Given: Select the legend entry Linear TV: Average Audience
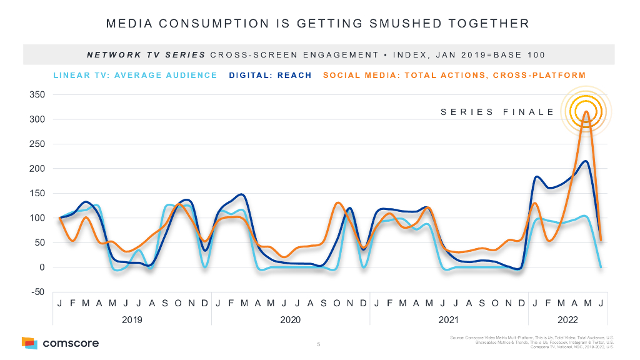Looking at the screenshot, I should (x=135, y=76).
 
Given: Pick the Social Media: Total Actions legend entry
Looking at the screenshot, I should (x=454, y=76).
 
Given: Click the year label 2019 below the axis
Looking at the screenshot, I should (x=132, y=320).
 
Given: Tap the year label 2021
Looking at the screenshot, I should (x=449, y=320).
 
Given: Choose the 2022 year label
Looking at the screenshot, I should (x=567, y=320).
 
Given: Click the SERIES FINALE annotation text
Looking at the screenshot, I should (x=497, y=112).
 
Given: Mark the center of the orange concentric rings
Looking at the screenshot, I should (x=586, y=111).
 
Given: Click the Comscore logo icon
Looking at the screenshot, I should (x=29, y=342).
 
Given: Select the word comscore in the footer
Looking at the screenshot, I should (x=71, y=343).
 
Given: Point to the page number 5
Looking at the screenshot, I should (x=318, y=344).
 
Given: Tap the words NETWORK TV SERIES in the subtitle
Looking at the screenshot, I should (x=145, y=55).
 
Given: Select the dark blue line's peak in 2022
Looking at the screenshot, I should (x=585, y=161).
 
